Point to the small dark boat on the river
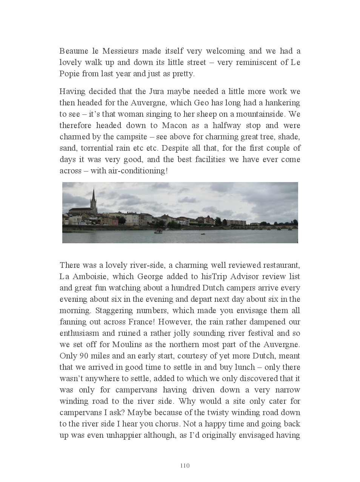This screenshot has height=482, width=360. (x=203, y=234)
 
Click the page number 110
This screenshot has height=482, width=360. (x=185, y=465)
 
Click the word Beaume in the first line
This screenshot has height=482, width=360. (x=74, y=51)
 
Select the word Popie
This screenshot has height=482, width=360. (x=69, y=74)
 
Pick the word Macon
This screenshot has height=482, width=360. (x=174, y=125)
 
